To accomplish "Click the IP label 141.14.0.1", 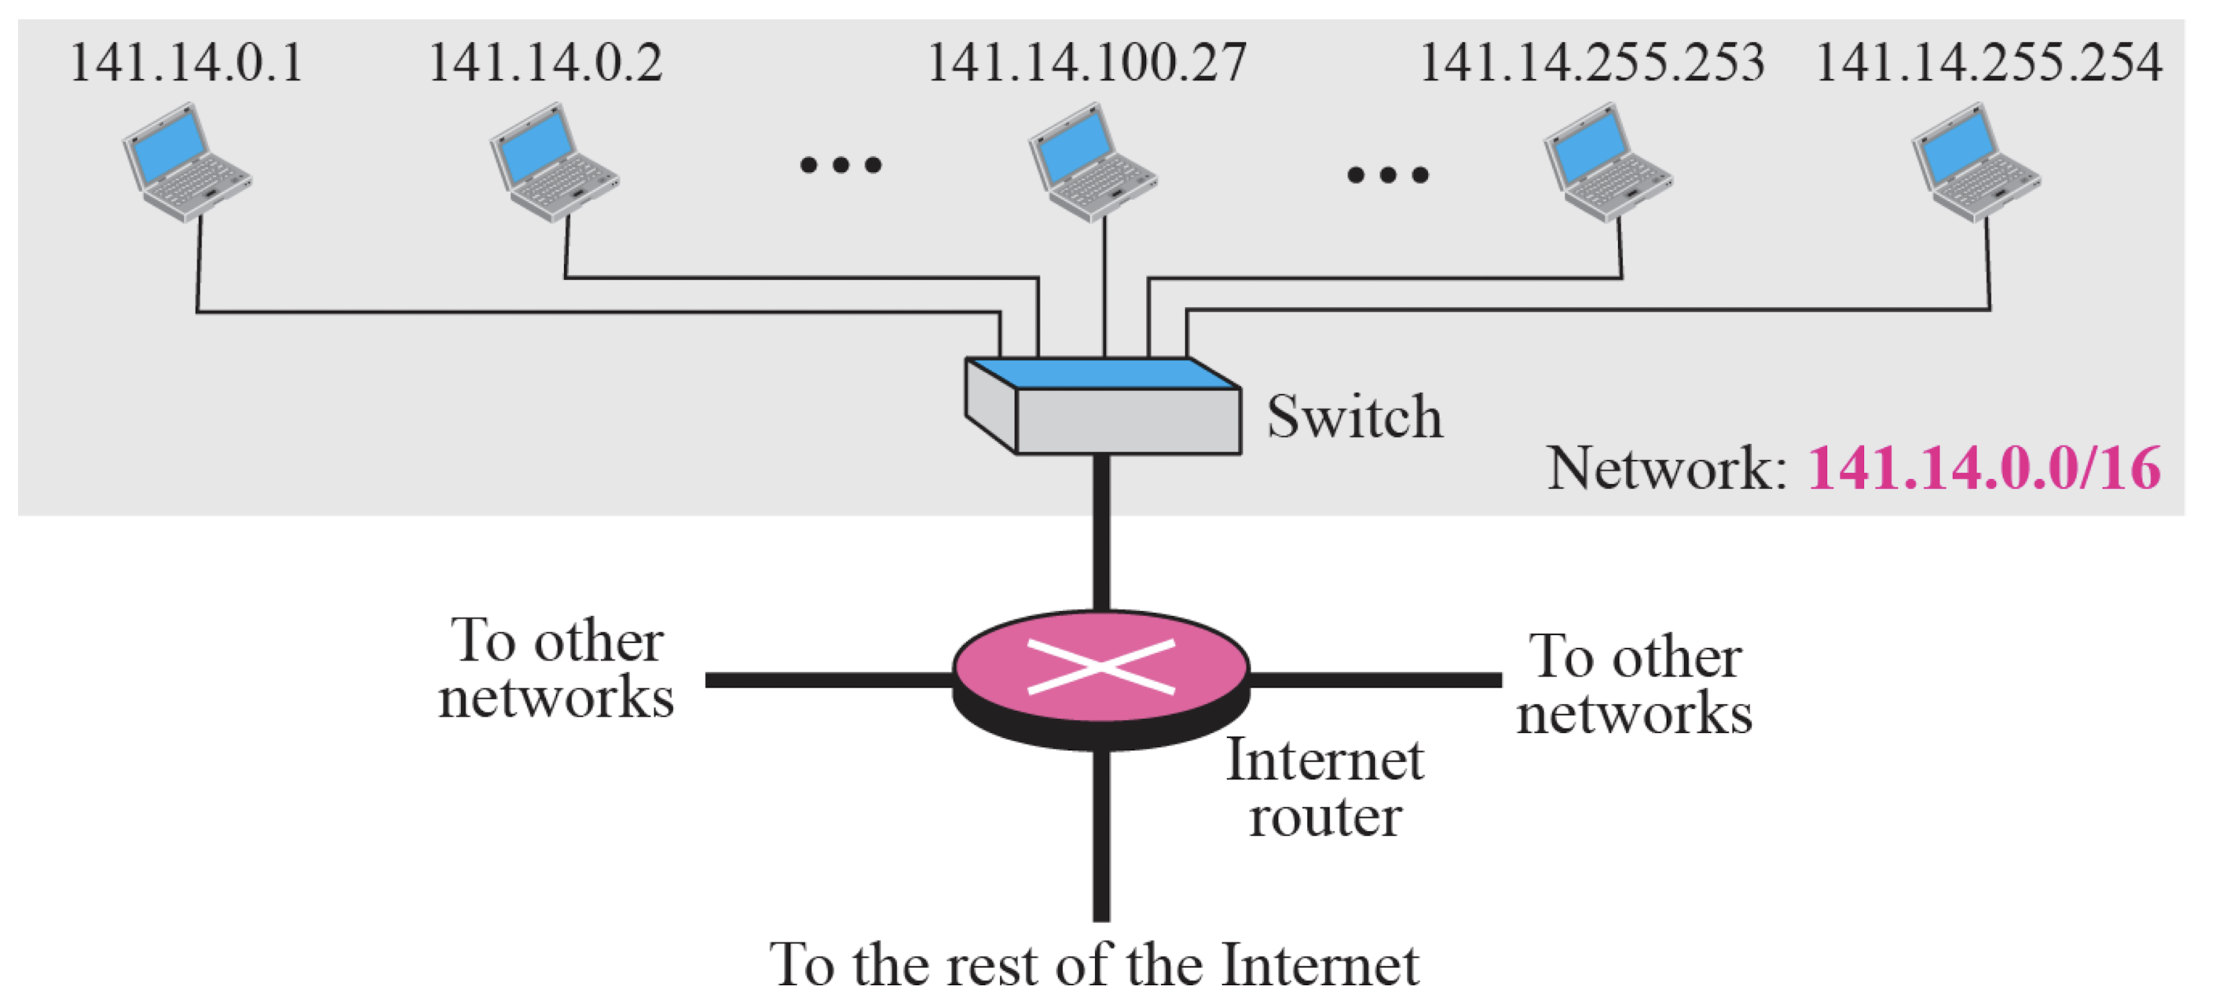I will tap(186, 63).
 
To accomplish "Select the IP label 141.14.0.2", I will tap(545, 63).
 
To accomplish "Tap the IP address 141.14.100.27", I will tap(1086, 63).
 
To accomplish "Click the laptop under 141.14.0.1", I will tap(186, 163).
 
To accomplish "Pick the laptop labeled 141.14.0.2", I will tap(554, 163).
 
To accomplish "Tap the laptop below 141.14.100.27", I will tap(1092, 163).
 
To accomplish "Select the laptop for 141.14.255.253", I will tap(1608, 163).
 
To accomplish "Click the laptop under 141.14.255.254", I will tap(1976, 163).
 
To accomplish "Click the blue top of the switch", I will tap(1104, 374).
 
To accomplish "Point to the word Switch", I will tap(1354, 417).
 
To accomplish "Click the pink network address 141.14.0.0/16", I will tap(1984, 469).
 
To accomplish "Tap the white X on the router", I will tap(1101, 666).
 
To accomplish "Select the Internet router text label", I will tap(1324, 787).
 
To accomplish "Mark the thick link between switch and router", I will tap(1101, 531).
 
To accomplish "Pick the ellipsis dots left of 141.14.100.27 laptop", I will tap(840, 165).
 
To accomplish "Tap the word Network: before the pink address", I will tap(1666, 469).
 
